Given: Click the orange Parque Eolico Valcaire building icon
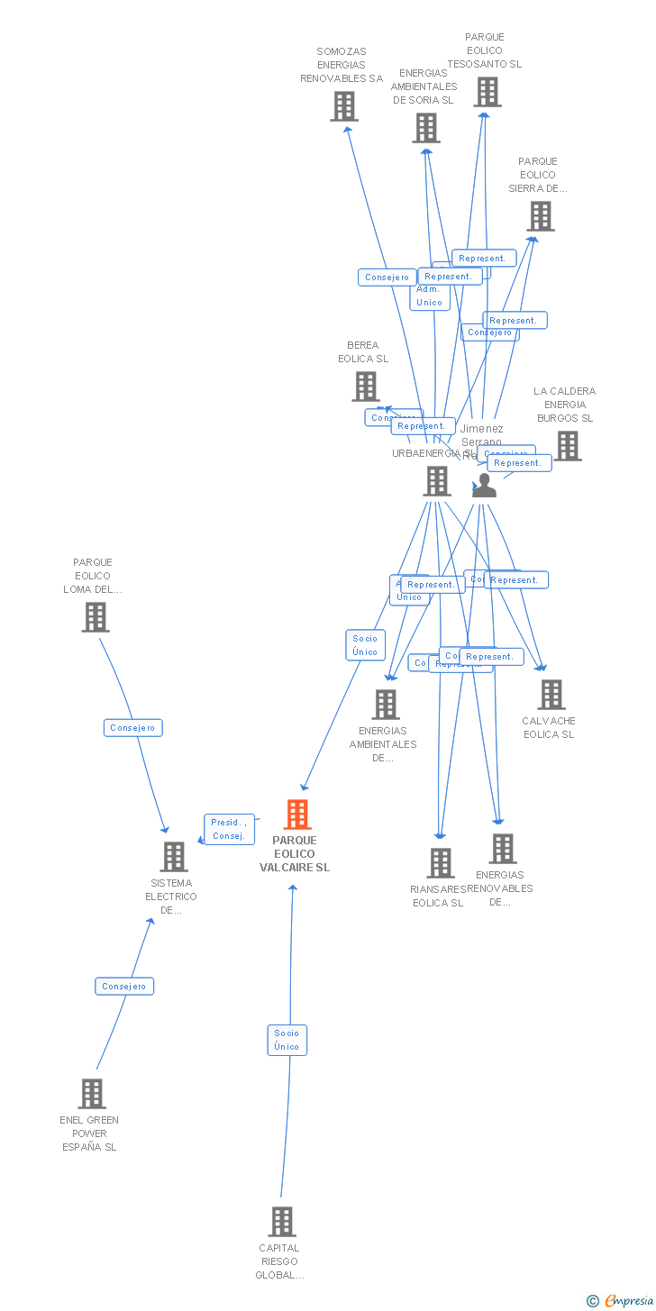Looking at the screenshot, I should [297, 815].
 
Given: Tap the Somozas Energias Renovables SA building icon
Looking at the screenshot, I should [343, 106].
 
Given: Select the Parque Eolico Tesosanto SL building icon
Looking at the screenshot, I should [487, 92].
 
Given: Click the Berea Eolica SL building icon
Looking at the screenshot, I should [365, 387].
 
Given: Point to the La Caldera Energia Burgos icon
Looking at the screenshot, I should [567, 445].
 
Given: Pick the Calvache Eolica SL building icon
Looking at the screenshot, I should [551, 695].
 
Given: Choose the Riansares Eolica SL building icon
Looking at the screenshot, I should [440, 863].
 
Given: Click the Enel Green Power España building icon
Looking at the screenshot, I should [91, 1094].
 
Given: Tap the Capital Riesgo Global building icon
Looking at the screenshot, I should [281, 1222].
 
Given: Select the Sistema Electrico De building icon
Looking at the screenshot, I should [173, 857].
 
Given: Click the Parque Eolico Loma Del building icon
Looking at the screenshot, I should [95, 617].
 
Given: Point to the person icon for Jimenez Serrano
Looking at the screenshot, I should [484, 486].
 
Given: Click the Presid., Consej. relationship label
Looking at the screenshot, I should [229, 829].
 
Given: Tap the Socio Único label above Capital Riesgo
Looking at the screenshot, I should [287, 1040].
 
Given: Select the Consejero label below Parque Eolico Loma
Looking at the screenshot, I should [132, 728].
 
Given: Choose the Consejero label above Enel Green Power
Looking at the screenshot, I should [124, 987].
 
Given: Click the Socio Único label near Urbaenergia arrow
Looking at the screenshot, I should [365, 645].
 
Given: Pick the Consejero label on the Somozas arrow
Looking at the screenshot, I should [387, 278].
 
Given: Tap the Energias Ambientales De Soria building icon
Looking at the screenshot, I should [425, 128].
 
